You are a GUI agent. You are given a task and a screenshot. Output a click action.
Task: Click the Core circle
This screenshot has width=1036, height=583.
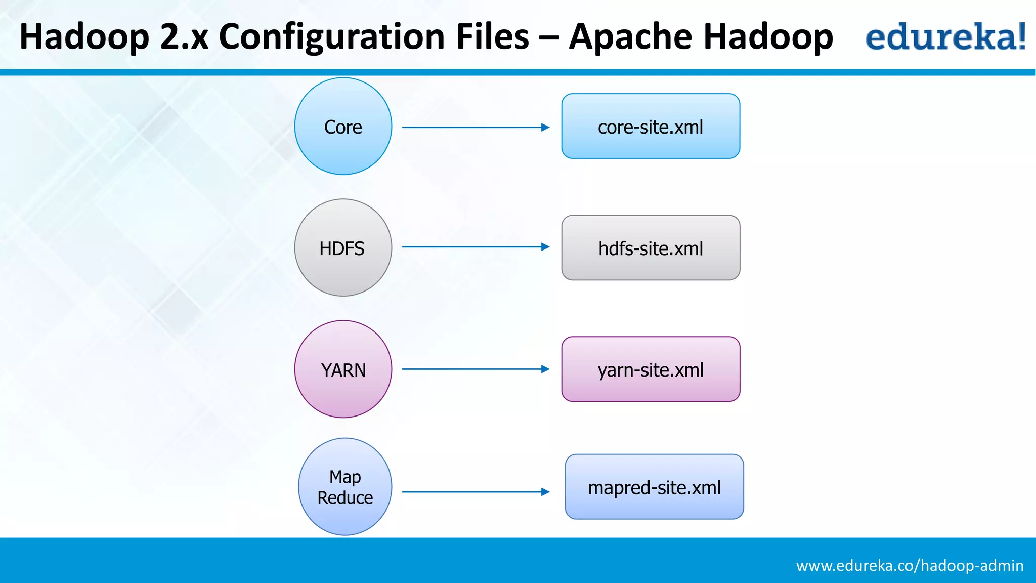[343, 127]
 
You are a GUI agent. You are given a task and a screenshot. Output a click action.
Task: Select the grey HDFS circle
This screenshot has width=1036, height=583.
[343, 247]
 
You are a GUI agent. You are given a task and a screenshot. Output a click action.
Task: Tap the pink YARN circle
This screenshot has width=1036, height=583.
[343, 369]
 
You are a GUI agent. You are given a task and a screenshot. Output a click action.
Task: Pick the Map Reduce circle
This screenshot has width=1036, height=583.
[345, 486]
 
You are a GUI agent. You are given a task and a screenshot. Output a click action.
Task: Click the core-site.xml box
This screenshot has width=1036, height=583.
[651, 126]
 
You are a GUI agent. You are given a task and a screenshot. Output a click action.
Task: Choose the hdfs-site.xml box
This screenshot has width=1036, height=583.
[651, 247]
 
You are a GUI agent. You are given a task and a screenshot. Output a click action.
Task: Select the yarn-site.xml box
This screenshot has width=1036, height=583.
[651, 369]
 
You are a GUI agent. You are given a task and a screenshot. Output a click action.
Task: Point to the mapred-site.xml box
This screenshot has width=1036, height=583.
[654, 486]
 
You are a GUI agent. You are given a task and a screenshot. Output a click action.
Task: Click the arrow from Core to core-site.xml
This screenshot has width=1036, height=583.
[476, 127]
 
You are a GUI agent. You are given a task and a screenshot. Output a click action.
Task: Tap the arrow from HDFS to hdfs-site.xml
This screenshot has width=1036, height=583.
[476, 247]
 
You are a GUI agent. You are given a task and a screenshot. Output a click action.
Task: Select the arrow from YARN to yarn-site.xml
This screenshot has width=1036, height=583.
[476, 369]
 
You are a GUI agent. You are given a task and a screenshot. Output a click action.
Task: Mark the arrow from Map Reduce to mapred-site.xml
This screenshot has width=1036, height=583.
[476, 491]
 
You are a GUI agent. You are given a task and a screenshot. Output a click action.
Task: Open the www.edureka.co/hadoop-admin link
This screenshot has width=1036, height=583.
[910, 565]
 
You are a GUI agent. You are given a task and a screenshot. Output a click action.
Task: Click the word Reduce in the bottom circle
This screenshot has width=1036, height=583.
[345, 497]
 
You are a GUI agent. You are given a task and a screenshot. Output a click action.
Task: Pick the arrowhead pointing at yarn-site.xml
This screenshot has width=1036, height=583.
[545, 369]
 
